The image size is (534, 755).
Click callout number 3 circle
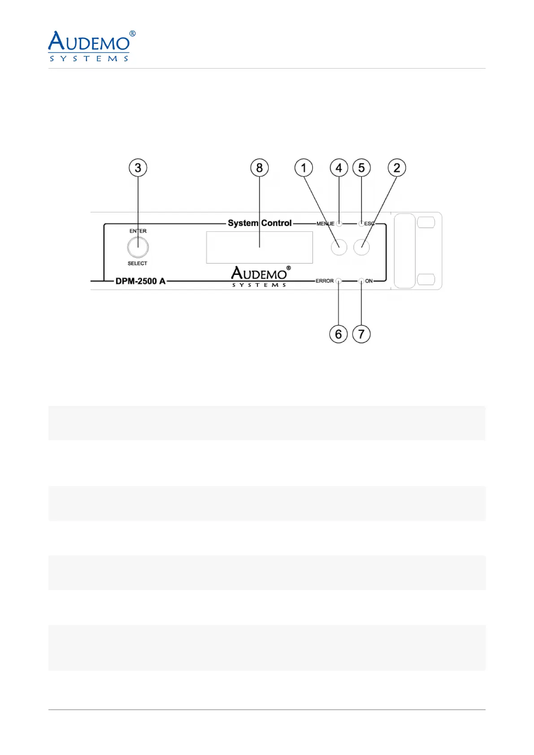[x=138, y=168]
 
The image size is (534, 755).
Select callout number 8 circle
[x=259, y=168]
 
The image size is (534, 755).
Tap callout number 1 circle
[x=304, y=168]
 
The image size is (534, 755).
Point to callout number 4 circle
[x=339, y=168]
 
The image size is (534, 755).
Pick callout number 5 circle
[x=361, y=168]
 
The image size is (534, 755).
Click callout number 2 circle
[x=397, y=168]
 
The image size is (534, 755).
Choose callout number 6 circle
[x=339, y=334]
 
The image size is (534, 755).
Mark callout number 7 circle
[x=361, y=334]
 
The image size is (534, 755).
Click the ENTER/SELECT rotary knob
[x=138, y=247]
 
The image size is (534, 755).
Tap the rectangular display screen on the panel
[x=259, y=247]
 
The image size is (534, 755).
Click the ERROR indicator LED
[x=339, y=281]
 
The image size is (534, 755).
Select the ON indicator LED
[x=361, y=281]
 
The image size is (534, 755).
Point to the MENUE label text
[x=325, y=224]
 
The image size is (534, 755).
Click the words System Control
[x=260, y=223]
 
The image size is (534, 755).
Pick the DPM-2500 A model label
[x=140, y=281]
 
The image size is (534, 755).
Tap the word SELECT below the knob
[x=137, y=263]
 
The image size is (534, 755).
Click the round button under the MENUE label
[x=339, y=247]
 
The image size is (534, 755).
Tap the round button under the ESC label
[x=361, y=247]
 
